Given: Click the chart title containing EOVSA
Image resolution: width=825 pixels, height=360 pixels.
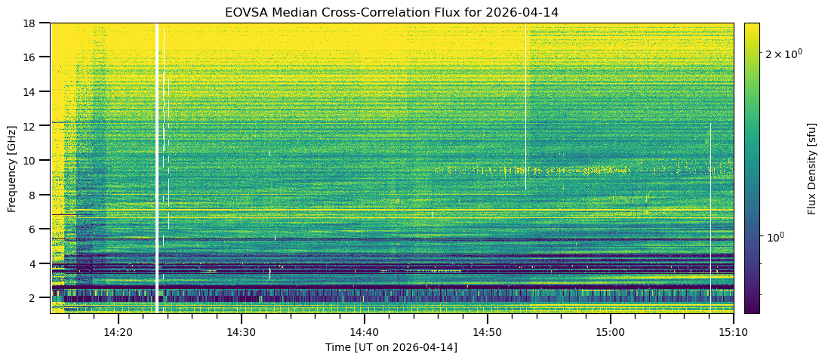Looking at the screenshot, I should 392,12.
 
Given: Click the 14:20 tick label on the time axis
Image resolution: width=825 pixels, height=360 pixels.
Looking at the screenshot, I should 118,332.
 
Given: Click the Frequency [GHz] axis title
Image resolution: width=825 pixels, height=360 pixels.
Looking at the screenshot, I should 12,168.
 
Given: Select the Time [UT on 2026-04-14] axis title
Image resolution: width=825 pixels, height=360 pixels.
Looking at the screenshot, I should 391,347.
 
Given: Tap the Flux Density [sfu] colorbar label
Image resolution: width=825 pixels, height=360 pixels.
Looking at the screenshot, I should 812,168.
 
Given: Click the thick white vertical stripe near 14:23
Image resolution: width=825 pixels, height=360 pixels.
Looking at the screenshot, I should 156,166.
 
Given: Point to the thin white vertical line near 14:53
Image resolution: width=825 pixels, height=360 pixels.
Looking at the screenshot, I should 525,106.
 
